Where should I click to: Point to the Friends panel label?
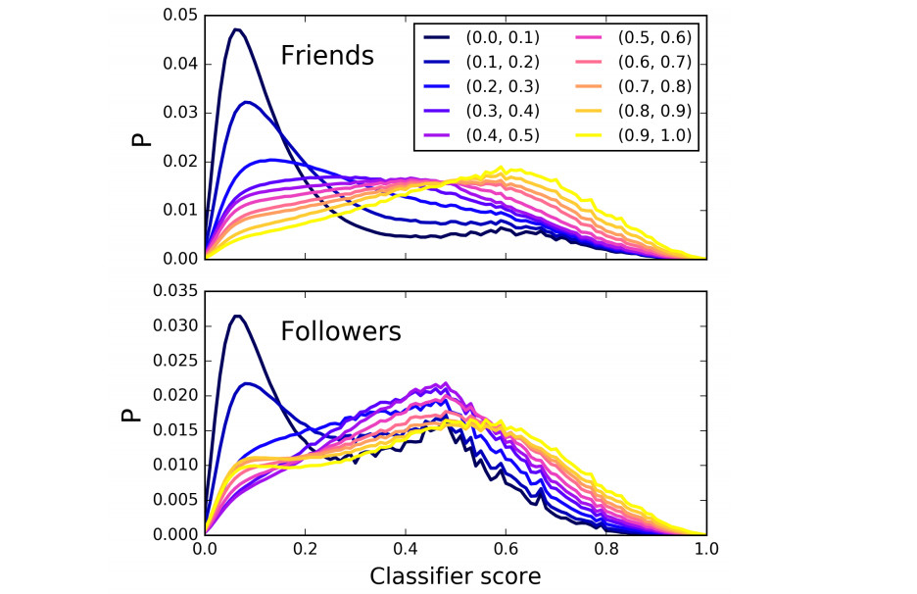(x=327, y=56)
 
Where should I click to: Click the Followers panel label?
(x=341, y=332)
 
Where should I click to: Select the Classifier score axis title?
(x=455, y=575)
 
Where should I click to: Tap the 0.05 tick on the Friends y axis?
(x=179, y=16)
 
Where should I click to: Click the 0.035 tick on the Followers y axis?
(x=174, y=291)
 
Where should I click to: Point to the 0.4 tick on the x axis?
(x=406, y=552)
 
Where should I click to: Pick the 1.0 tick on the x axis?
(x=705, y=552)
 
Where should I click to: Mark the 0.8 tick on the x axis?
(x=605, y=552)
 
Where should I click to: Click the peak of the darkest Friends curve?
(x=236, y=29)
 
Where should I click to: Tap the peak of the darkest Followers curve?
(x=236, y=316)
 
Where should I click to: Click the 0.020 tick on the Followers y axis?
(x=174, y=396)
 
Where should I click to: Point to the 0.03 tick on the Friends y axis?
(x=179, y=113)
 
